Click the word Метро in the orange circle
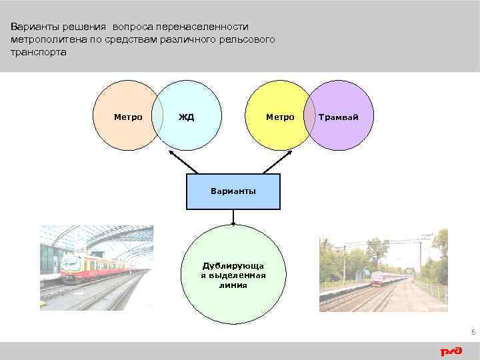(x=127, y=117)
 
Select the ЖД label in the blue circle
(x=186, y=117)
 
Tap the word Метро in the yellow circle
(x=280, y=117)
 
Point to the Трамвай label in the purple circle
(x=338, y=117)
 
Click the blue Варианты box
(x=233, y=191)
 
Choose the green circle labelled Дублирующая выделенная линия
(x=233, y=273)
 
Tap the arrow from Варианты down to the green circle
(x=233, y=217)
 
